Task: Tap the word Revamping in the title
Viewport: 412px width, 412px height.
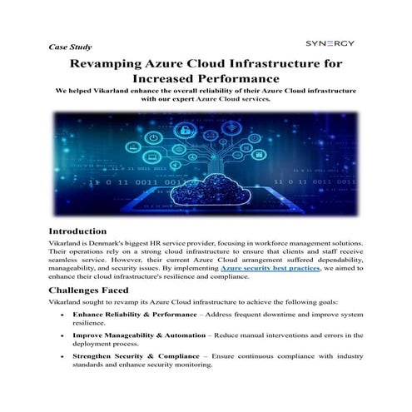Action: tap(112, 63)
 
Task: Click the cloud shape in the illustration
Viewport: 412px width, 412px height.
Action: tap(206, 186)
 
